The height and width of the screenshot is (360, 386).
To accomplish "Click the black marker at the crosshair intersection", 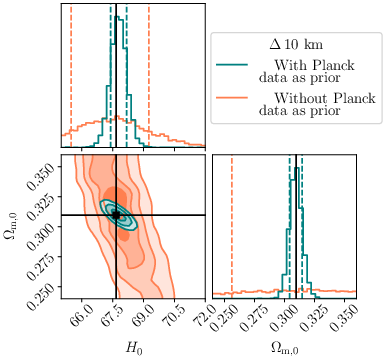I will pos(116,215).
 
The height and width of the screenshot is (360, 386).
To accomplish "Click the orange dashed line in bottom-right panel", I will pos(232,225).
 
